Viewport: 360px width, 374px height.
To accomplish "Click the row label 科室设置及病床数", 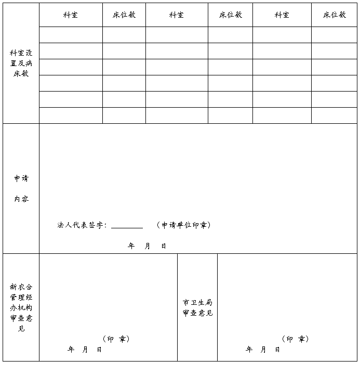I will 21,63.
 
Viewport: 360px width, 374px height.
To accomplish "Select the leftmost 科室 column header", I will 71,15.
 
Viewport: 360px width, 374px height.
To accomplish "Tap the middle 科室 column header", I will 177,15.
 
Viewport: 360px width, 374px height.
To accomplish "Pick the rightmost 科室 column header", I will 282,15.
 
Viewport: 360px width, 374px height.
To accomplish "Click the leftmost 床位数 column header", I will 124,15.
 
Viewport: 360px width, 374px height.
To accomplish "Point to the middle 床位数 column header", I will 231,15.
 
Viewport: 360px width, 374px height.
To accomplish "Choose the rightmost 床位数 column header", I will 335,15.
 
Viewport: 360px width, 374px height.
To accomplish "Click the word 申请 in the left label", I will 21,178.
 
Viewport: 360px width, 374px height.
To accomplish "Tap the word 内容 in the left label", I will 21,199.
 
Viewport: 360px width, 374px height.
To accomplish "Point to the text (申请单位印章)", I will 183,225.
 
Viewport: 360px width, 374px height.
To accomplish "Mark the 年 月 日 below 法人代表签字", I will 147,246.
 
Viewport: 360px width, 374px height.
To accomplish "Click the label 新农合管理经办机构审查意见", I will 21,307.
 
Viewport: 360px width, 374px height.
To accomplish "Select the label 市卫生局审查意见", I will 197,307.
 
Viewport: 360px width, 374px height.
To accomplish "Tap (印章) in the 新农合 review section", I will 116,339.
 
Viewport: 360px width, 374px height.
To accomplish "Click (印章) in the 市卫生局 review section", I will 295,339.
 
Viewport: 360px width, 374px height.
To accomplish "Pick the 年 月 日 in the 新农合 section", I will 85,350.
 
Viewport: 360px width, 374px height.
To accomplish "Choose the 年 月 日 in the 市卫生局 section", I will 263,350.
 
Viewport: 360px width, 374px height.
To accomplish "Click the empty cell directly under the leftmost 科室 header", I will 71,35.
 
